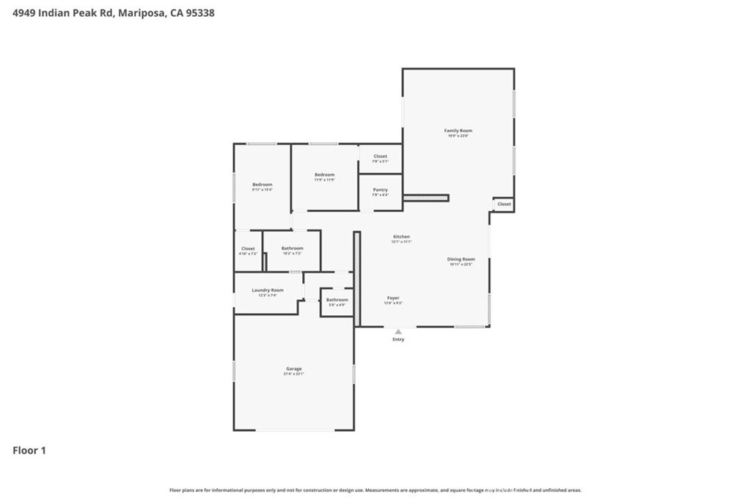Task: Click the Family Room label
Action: point(458,131)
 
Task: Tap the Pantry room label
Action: point(380,191)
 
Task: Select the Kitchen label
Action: point(401,237)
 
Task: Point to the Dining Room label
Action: point(461,260)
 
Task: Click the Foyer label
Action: point(393,298)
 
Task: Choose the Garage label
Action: point(293,369)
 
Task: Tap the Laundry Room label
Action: point(267,290)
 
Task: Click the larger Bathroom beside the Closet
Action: point(292,249)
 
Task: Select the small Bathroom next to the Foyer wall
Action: point(337,300)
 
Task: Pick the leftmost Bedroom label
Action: point(262,185)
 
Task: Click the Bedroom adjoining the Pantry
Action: point(324,174)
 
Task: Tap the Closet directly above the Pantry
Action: point(380,156)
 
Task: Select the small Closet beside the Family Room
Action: point(504,204)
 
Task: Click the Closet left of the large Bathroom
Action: point(248,249)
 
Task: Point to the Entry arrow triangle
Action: point(398,331)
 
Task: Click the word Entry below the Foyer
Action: point(398,339)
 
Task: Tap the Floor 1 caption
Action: point(29,450)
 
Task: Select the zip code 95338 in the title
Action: point(199,12)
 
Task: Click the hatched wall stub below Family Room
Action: point(425,196)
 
